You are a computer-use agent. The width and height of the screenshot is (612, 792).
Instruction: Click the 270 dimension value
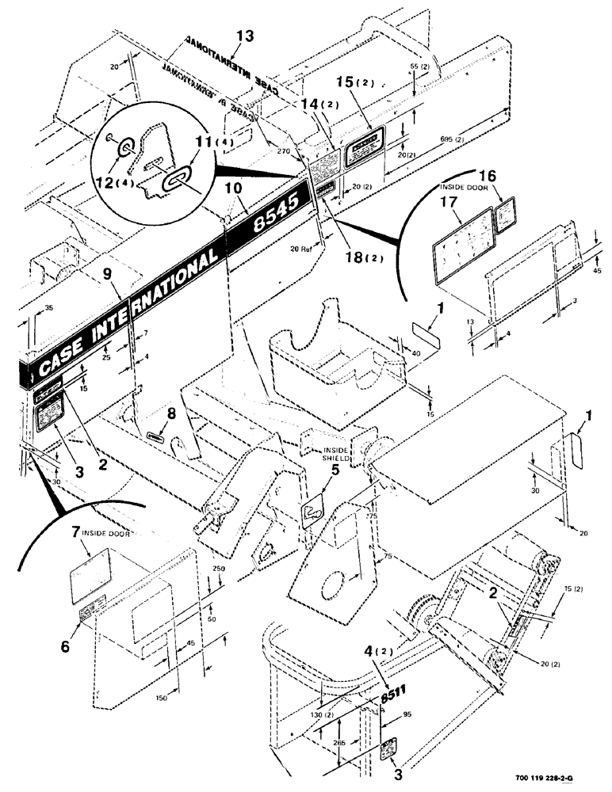click(x=285, y=147)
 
